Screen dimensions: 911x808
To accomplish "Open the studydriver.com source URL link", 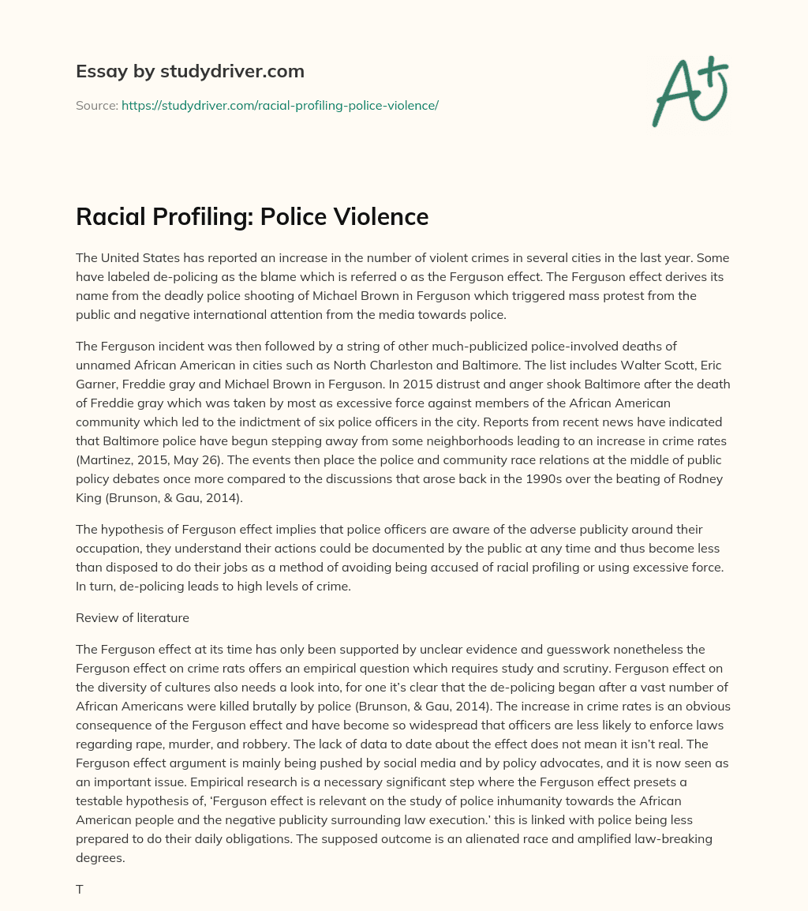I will (279, 105).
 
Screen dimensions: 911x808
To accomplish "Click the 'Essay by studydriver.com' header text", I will (189, 71).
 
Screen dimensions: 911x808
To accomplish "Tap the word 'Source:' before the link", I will (96, 105).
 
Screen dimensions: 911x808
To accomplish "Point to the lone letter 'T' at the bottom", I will (80, 889).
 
